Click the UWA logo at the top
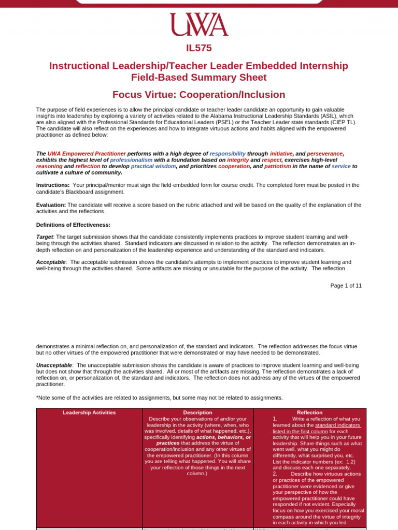click(199, 25)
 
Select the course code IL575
click(199, 49)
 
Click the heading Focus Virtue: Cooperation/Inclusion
click(199, 95)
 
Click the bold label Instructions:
click(53, 185)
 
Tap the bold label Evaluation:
click(51, 205)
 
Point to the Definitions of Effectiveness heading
click(73, 225)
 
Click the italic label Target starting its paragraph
click(45, 237)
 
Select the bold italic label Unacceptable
click(54, 365)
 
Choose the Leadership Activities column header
click(89, 413)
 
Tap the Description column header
click(197, 413)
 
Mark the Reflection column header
click(309, 413)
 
